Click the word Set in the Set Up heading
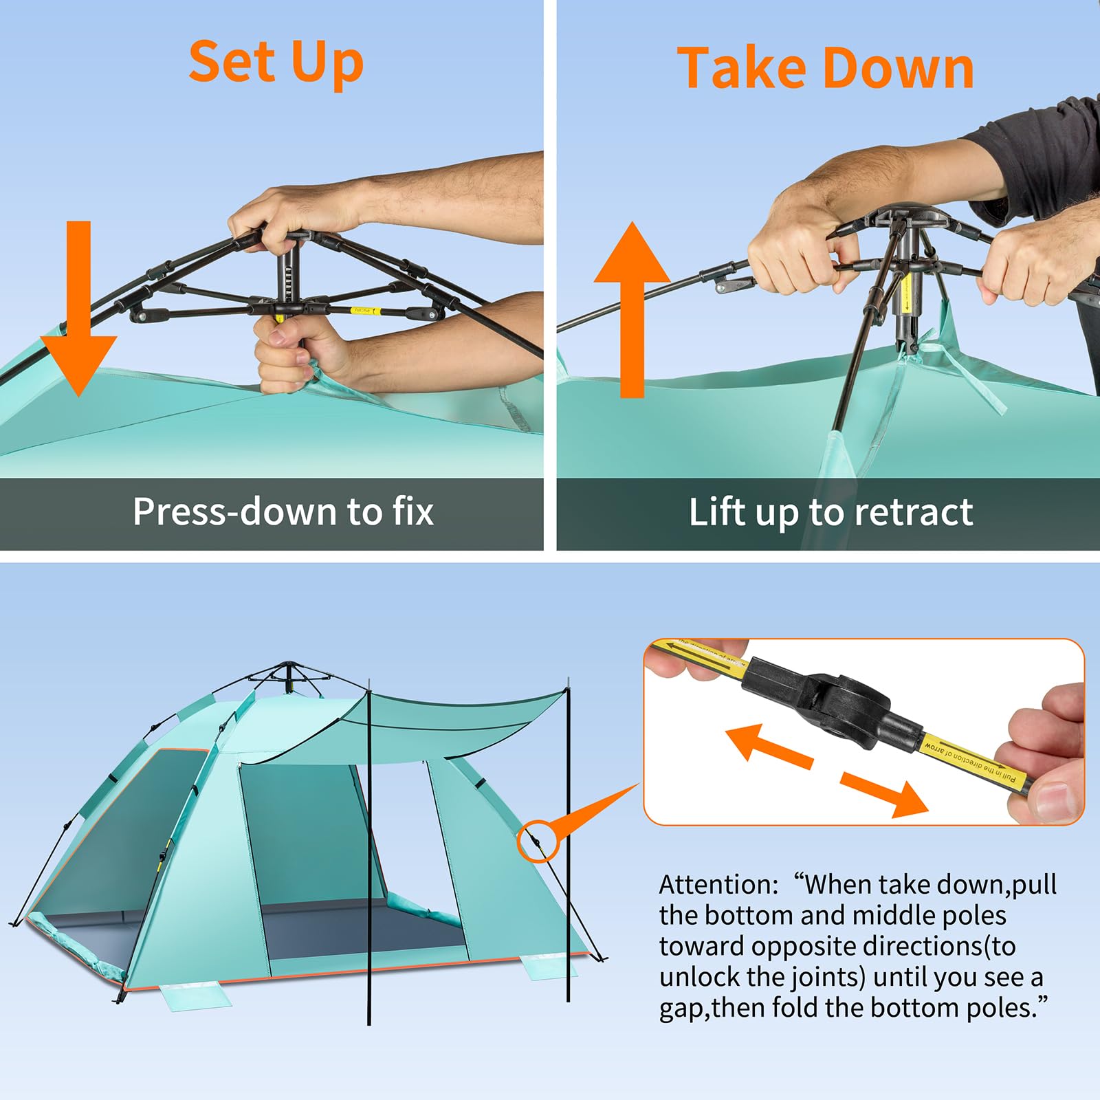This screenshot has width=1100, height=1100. [x=231, y=62]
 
